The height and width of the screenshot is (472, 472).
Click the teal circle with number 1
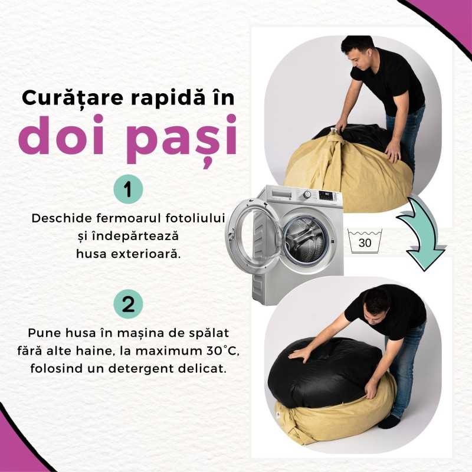128,189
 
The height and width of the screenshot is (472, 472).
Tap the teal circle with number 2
128,304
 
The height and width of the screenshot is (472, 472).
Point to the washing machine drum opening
306,240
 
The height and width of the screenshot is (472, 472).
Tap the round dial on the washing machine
307,194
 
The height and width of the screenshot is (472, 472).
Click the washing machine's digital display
326,196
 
